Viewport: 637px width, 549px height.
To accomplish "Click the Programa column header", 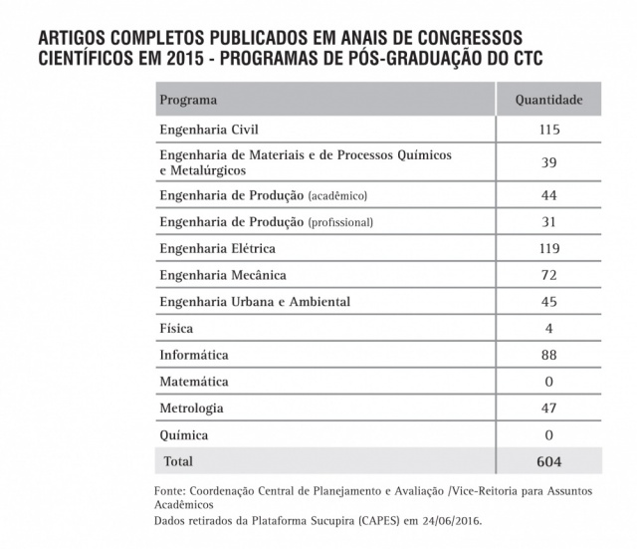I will click(188, 101).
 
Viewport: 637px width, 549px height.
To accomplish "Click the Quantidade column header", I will click(548, 101).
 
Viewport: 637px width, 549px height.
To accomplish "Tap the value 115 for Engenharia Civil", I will click(548, 130).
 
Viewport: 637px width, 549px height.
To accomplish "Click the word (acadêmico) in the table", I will click(344, 195).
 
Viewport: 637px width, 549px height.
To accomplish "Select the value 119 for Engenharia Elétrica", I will click(548, 248).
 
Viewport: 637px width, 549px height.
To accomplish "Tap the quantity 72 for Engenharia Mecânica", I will click(548, 274).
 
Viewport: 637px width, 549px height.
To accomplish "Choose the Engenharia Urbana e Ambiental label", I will click(255, 301).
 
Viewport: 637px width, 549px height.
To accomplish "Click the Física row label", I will click(176, 328).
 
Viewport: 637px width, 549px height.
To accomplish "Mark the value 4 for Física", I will click(548, 328).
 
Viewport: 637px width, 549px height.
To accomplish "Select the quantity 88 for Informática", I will click(548, 355).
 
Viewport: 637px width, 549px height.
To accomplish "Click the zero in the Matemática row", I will click(548, 382).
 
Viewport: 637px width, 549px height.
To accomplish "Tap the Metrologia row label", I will click(191, 409).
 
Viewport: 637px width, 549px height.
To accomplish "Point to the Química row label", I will click(184, 435).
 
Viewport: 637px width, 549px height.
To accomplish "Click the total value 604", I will click(548, 462).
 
